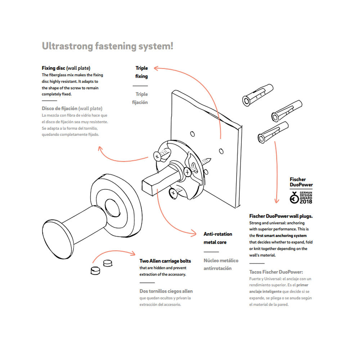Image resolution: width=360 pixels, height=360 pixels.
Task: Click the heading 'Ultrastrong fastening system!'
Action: (x=108, y=46)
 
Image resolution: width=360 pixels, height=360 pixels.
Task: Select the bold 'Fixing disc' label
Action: (x=53, y=68)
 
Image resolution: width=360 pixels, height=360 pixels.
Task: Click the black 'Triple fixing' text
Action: (x=141, y=72)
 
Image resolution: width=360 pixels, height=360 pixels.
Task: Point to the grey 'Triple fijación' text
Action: (x=141, y=98)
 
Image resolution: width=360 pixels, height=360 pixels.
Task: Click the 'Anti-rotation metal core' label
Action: (x=217, y=238)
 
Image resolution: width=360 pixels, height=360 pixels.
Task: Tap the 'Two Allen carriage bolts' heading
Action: (x=165, y=261)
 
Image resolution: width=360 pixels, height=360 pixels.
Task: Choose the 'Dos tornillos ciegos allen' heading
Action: (x=166, y=291)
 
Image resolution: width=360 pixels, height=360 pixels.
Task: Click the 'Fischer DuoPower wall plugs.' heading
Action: (x=281, y=216)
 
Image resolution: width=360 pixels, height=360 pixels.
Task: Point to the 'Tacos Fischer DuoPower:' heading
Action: (x=276, y=272)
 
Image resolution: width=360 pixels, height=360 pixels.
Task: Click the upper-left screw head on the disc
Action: (x=157, y=156)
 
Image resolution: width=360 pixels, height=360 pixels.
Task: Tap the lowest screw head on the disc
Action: (x=173, y=193)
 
